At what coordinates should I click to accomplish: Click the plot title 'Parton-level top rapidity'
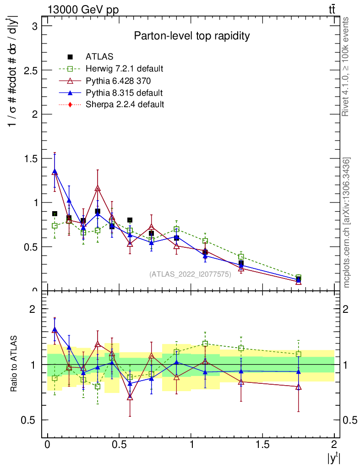pyautogui.click(x=191, y=36)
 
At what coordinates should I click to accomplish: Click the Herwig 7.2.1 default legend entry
pyautogui.click(x=124, y=69)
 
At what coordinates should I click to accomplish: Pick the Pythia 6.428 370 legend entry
pyautogui.click(x=118, y=81)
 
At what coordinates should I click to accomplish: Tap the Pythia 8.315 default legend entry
pyautogui.click(x=124, y=93)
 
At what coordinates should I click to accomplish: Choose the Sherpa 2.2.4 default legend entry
pyautogui.click(x=125, y=104)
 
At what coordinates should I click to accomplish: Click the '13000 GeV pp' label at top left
pyautogui.click(x=83, y=10)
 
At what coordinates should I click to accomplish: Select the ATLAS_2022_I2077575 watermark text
pyautogui.click(x=190, y=274)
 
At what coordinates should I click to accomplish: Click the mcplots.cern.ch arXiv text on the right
pyautogui.click(x=347, y=223)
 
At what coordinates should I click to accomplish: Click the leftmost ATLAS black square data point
pyautogui.click(x=55, y=214)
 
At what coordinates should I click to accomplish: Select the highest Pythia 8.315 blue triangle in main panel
pyautogui.click(x=55, y=171)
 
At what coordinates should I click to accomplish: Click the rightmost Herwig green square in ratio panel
pyautogui.click(x=298, y=354)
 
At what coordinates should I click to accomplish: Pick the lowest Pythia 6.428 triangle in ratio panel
pyautogui.click(x=130, y=397)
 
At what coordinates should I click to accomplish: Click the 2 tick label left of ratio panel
pyautogui.click(x=33, y=309)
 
